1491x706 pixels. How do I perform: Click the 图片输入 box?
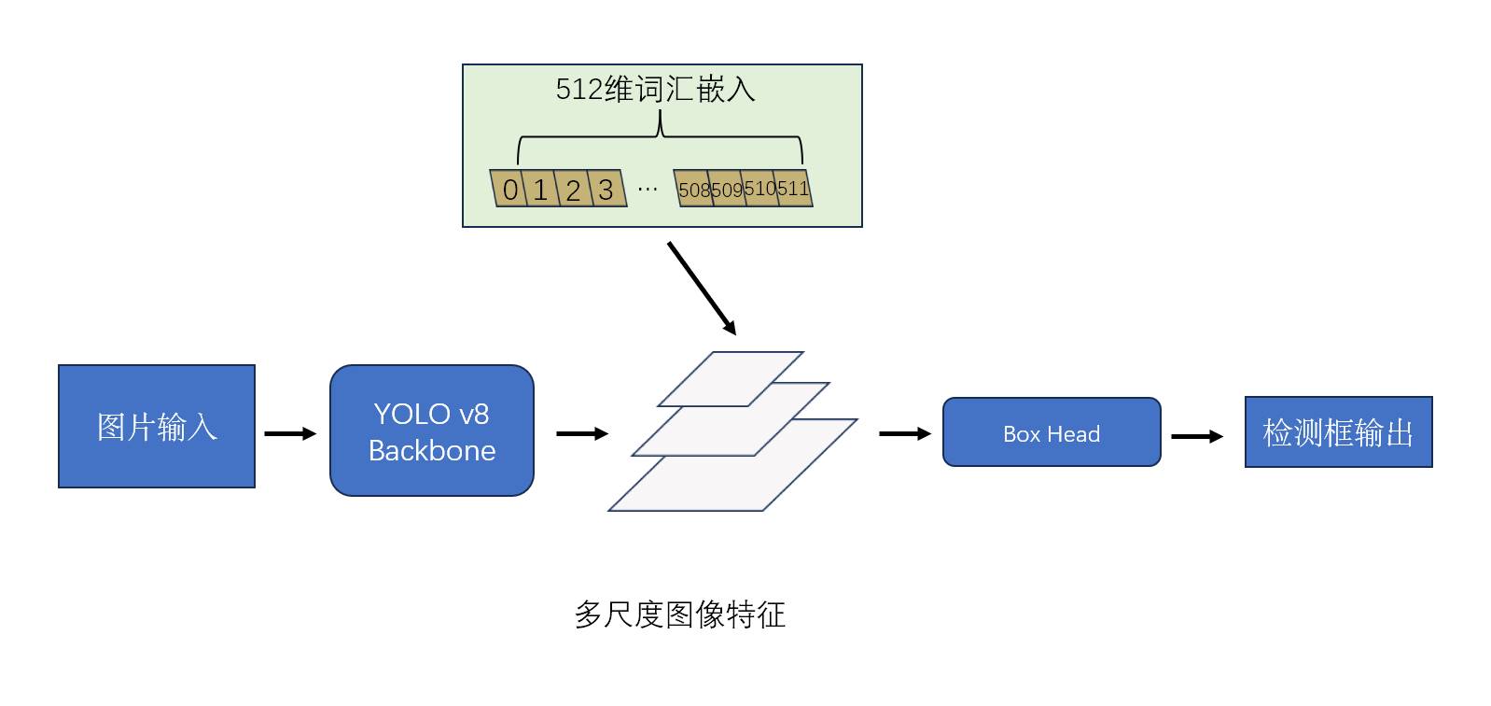pos(157,426)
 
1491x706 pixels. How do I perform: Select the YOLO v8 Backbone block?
pos(431,431)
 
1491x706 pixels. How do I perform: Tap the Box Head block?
pos(1051,432)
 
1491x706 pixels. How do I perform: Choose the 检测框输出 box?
pos(1337,432)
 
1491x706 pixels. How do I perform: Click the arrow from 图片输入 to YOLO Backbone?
pos(290,433)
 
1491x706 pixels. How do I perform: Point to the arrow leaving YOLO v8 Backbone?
pos(581,433)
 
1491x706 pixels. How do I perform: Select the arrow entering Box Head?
pos(904,433)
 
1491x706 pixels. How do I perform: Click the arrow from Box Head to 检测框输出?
pos(1196,436)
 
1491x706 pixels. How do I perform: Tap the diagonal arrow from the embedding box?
pos(702,288)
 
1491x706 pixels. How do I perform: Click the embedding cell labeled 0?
pos(509,190)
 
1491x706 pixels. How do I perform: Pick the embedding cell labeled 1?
pos(541,190)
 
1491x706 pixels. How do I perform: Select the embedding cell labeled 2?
pos(573,190)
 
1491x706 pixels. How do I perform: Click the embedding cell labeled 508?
pos(694,190)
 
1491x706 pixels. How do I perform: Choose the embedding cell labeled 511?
pos(793,189)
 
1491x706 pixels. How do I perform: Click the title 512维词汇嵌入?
pos(655,90)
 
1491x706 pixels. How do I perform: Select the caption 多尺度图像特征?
pos(679,614)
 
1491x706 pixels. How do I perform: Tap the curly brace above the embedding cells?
pos(660,138)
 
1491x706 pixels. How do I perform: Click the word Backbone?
pos(431,451)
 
